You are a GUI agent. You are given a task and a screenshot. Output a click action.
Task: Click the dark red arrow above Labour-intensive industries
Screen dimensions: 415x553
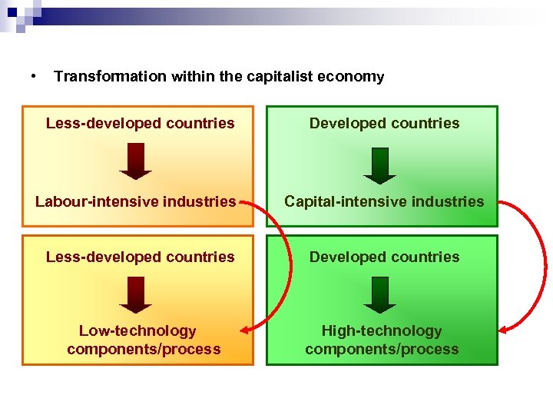tap(136, 161)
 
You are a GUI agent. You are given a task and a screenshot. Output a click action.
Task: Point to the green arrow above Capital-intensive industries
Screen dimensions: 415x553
tap(379, 164)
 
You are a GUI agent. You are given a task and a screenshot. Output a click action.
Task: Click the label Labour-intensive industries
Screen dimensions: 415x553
tap(136, 201)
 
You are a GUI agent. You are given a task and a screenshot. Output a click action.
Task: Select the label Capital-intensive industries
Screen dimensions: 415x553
tap(384, 201)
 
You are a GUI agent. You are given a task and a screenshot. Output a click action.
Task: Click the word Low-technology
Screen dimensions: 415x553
tap(137, 330)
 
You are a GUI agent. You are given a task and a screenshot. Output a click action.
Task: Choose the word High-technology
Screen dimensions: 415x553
tap(382, 330)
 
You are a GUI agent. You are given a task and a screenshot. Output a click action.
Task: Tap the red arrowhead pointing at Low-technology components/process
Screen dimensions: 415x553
tap(245, 331)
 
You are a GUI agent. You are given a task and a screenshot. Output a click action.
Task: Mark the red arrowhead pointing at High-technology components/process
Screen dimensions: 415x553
tap(505, 330)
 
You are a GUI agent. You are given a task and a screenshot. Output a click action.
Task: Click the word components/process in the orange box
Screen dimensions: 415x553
tap(144, 349)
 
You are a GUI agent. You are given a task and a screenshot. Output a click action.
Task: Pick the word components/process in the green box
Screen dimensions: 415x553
tap(382, 349)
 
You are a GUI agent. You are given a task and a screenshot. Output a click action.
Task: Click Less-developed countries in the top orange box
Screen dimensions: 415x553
tap(140, 123)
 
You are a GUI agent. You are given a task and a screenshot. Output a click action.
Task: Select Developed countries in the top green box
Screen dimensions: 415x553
tap(384, 123)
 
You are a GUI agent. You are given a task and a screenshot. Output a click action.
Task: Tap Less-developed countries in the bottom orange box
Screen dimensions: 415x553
tap(140, 257)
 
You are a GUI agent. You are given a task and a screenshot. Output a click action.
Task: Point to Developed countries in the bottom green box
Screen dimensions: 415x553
tap(384, 257)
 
